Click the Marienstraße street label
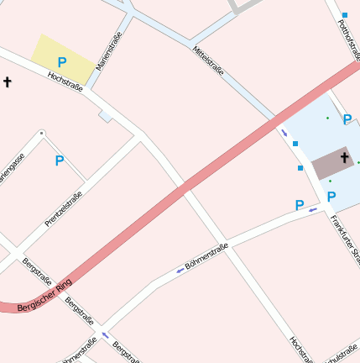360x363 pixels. click(109, 50)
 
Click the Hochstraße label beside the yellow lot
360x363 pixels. click(65, 82)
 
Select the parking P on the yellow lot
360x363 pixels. click(61, 62)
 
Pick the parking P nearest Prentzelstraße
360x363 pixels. click(59, 160)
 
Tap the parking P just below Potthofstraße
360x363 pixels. click(347, 120)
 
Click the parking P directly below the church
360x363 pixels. click(331, 197)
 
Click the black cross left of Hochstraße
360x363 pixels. click(8, 82)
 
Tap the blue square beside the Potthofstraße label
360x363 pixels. click(344, 15)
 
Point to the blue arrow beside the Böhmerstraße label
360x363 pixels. click(180, 271)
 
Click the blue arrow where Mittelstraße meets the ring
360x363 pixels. click(284, 133)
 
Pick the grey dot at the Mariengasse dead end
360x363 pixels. click(41, 133)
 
